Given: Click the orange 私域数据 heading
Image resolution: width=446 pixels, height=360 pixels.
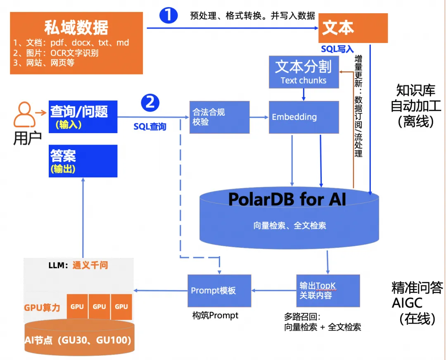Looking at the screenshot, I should pyautogui.click(x=76, y=27).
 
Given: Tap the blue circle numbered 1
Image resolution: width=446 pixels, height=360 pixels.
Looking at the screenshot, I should pyautogui.click(x=168, y=15).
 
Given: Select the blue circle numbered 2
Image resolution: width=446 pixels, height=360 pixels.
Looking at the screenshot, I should pyautogui.click(x=150, y=102).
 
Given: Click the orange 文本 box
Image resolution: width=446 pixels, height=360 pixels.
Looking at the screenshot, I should pyautogui.click(x=353, y=28).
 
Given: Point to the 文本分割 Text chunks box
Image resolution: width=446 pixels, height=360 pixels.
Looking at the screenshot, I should pyautogui.click(x=304, y=72).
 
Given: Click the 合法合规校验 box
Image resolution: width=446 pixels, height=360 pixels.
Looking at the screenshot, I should pyautogui.click(x=219, y=117).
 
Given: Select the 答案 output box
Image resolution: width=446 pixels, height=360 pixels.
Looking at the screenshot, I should pyautogui.click(x=83, y=161).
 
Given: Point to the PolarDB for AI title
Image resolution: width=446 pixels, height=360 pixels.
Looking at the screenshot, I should pyautogui.click(x=287, y=200).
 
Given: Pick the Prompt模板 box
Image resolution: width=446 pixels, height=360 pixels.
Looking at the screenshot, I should pyautogui.click(x=219, y=290).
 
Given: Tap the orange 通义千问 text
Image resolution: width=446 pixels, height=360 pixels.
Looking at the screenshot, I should pyautogui.click(x=90, y=265).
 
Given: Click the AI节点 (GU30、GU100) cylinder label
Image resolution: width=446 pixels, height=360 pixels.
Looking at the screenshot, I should pyautogui.click(x=78, y=340).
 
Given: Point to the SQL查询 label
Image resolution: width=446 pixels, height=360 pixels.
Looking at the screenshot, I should pyautogui.click(x=149, y=126).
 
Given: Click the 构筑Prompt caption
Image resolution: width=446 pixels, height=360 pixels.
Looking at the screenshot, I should pyautogui.click(x=215, y=315).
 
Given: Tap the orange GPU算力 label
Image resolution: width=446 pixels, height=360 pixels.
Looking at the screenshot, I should pyautogui.click(x=42, y=308).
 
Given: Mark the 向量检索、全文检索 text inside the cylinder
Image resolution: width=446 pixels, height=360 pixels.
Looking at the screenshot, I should pyautogui.click(x=289, y=226).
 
